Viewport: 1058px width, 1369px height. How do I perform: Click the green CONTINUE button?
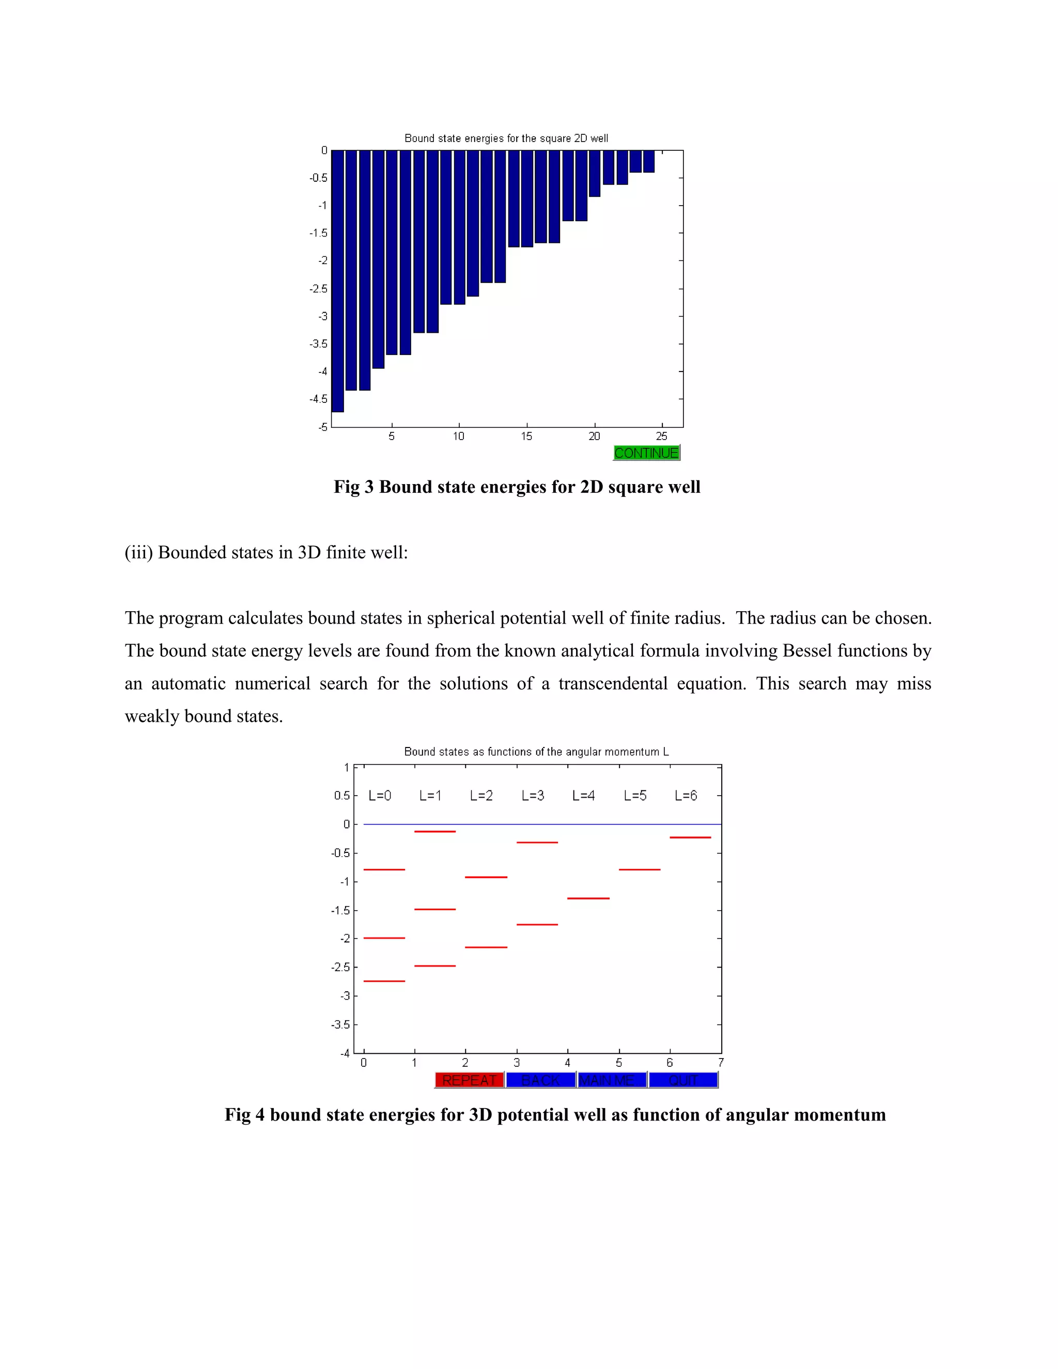coord(646,453)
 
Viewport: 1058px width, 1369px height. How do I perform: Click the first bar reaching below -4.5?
coord(338,282)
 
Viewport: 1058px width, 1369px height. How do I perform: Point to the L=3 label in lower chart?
coord(532,796)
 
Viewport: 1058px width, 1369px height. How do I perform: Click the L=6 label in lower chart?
coord(685,796)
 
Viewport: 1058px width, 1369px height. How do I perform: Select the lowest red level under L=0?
coord(384,981)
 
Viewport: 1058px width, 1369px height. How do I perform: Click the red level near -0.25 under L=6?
coord(690,837)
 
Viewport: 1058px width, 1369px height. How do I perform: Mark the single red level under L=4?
coord(588,898)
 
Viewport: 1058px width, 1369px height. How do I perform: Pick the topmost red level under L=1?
coord(435,831)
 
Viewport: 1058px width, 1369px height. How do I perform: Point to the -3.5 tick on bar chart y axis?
coord(318,344)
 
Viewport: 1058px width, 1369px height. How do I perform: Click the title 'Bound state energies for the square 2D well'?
coord(506,138)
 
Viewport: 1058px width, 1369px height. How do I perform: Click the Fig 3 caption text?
coord(517,487)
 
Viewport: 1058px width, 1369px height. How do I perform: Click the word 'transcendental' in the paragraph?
coord(612,683)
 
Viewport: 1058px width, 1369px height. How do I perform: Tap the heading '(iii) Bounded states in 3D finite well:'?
coord(266,552)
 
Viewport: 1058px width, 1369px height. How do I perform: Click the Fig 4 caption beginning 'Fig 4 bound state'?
coord(555,1114)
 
